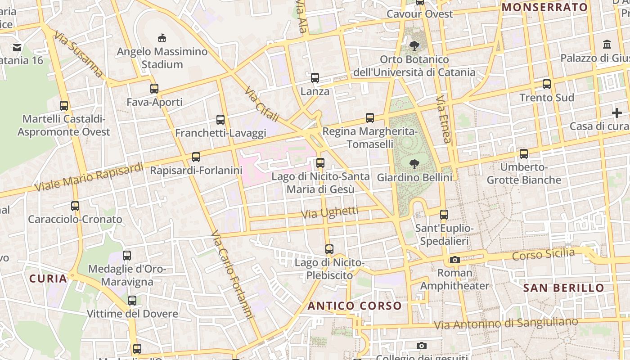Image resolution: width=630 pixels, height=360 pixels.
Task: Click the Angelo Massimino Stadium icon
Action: [162, 38]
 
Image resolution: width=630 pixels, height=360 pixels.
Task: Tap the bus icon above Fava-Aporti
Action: [154, 89]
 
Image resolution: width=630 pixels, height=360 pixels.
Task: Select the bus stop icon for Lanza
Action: [315, 78]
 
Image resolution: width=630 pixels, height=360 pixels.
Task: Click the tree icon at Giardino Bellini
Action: [414, 164]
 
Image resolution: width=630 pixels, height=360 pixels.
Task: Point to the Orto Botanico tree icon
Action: [414, 45]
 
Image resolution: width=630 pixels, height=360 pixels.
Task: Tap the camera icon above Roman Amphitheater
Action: [455, 260]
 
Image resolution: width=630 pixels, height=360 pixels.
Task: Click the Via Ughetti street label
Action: [330, 212]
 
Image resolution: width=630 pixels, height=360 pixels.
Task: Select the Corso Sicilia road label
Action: [544, 254]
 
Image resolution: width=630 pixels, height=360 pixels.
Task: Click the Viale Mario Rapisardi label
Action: [89, 177]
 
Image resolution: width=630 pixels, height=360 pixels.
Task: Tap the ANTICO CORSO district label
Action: [355, 306]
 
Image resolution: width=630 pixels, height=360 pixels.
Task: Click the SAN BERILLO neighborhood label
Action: [564, 288]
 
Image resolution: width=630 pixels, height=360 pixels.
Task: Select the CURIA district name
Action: [48, 279]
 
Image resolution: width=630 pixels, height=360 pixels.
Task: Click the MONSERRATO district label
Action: [545, 7]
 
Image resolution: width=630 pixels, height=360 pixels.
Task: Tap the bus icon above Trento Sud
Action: [547, 84]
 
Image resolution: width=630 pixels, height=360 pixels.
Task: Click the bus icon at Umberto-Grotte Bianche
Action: [524, 154]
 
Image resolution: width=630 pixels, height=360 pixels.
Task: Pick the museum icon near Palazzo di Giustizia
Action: [607, 45]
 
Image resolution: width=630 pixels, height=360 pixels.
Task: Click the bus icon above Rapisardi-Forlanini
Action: [196, 157]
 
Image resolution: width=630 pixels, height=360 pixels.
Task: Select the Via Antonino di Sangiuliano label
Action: [505, 323]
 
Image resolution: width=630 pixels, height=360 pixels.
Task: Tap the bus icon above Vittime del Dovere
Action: [132, 300]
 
